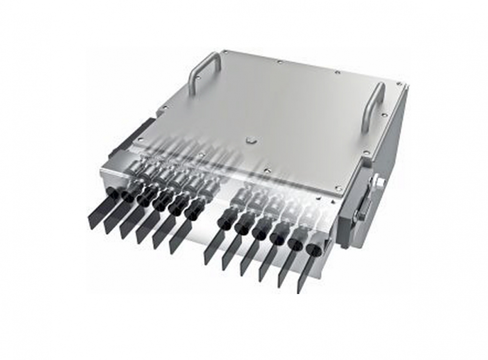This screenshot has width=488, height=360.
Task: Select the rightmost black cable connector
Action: click(x=312, y=248)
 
